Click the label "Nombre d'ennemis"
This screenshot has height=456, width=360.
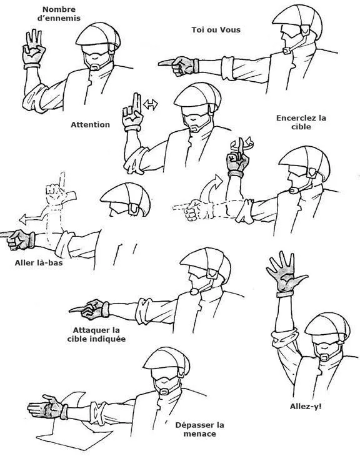pos(59,14)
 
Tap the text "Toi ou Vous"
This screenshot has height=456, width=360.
pos(216,29)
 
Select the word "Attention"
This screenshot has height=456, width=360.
pos(91,125)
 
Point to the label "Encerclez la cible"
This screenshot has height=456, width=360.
pos(301,122)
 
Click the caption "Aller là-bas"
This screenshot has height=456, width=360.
pos(39,263)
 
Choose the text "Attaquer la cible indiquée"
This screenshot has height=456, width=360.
pos(96,334)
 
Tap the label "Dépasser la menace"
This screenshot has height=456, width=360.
pos(199,429)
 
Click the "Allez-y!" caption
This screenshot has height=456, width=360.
pos(306,406)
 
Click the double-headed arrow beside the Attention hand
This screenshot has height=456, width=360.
pos(151,104)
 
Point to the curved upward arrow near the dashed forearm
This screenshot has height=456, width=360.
pos(211,188)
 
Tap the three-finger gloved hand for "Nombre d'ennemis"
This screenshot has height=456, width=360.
pos(34,49)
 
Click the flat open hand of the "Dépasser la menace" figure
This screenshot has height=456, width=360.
pos(47,406)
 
